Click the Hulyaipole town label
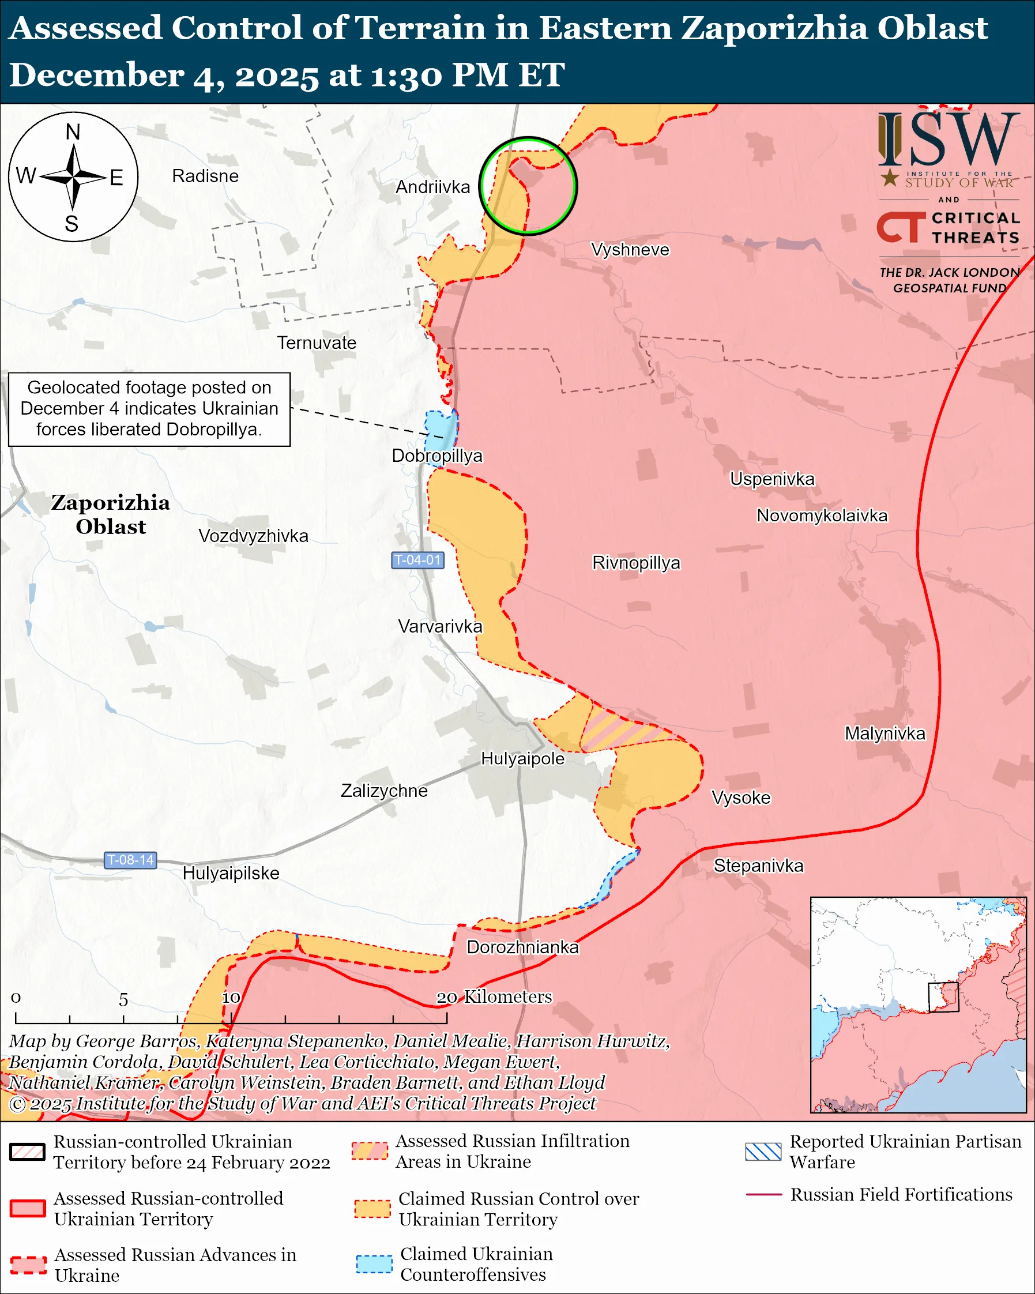522,759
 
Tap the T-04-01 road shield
417,560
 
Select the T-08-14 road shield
130,860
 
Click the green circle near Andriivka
528,186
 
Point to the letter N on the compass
73,132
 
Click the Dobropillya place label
437,456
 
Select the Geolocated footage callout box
149,409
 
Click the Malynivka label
885,733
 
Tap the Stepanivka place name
758,866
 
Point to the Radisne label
205,176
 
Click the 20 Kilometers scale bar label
493,996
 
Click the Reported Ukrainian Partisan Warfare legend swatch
763,1152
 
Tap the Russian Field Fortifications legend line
763,1195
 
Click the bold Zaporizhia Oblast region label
110,514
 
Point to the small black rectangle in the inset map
943,997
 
